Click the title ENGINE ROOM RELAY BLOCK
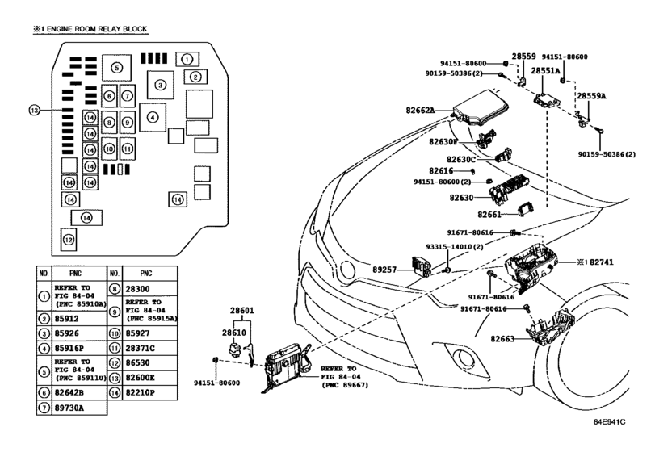96,29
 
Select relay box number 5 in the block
116,68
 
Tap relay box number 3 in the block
161,85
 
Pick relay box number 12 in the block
69,240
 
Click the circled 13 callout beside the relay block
34,111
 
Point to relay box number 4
153,118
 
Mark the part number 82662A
420,111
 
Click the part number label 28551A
545,71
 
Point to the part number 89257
384,270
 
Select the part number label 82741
602,262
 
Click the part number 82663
502,339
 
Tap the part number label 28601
241,311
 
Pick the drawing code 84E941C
610,421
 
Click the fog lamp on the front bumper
464,358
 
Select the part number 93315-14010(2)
455,247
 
